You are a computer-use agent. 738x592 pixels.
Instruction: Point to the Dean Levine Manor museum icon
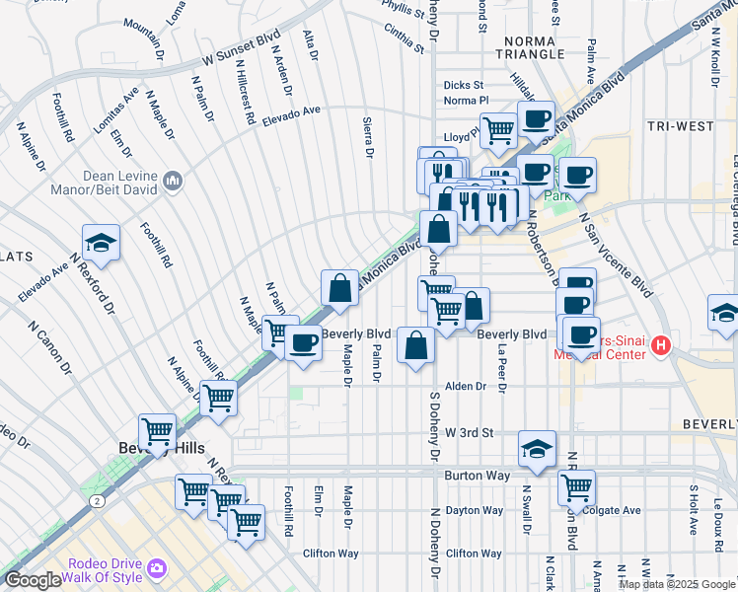[x=174, y=180]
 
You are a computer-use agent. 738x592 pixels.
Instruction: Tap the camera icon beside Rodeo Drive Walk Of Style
[x=156, y=568]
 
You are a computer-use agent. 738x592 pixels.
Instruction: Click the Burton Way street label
[x=477, y=475]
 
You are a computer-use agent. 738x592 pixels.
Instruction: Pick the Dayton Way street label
[x=474, y=510]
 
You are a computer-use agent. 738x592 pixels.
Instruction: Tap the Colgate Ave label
[x=611, y=510]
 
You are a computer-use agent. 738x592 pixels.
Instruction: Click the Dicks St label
[x=463, y=86]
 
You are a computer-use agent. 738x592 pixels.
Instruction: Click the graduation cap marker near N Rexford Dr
[x=100, y=243]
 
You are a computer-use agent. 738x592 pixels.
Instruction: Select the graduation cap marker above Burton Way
[x=536, y=449]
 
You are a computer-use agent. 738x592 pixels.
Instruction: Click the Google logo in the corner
[x=33, y=580]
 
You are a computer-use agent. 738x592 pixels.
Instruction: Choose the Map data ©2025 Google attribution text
[x=676, y=584]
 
